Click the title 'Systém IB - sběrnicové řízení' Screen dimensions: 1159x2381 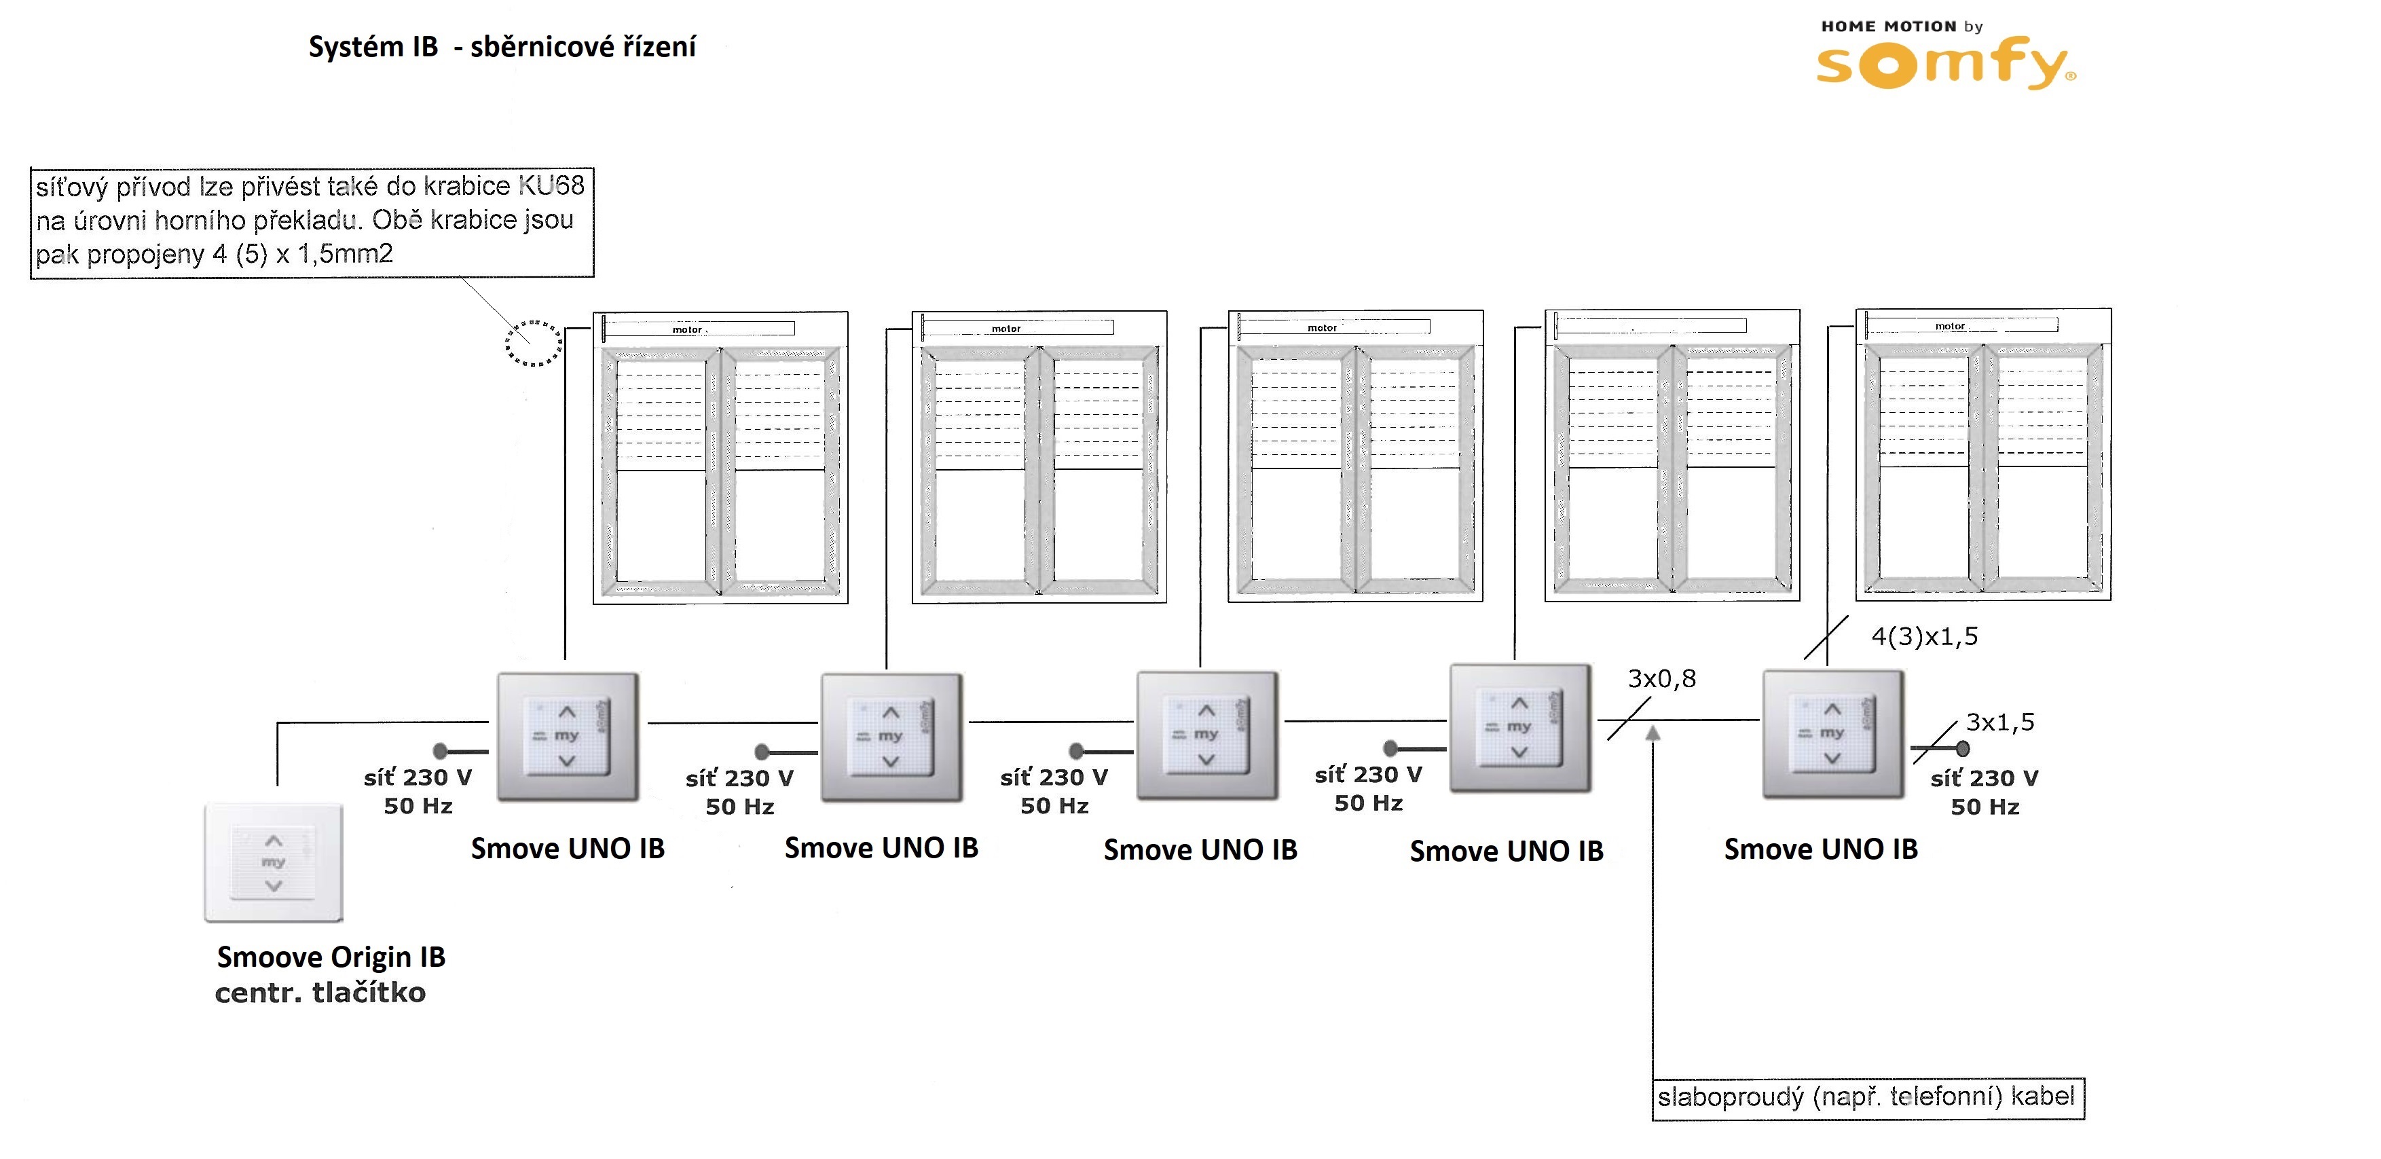click(502, 47)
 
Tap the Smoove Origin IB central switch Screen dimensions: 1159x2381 click(274, 862)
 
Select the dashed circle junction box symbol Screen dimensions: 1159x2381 click(534, 344)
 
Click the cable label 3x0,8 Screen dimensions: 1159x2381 click(1661, 680)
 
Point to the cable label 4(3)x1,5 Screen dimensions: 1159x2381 click(1924, 637)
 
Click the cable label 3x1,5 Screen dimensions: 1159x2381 click(1999, 722)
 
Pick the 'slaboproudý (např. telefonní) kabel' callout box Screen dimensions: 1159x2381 click(1867, 1098)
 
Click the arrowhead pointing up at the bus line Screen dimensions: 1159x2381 click(1653, 734)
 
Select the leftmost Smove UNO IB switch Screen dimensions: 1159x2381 click(568, 737)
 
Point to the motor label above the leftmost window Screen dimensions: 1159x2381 click(687, 330)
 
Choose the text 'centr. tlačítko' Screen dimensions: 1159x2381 click(320, 993)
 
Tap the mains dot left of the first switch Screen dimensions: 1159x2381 click(441, 750)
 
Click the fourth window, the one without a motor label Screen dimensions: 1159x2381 click(1672, 456)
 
